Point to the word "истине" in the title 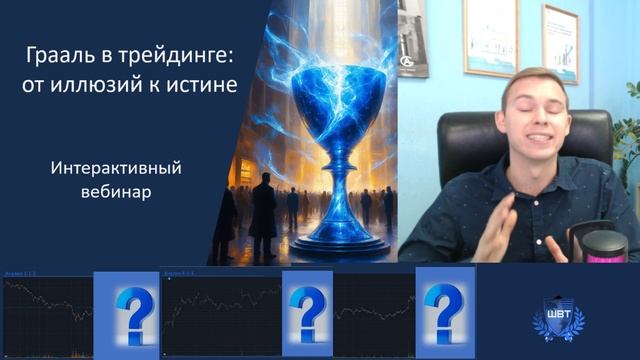204,87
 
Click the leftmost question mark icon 126,313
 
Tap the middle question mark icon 307,313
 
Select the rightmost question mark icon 444,312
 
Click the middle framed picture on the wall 490,38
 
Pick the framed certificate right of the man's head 560,44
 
